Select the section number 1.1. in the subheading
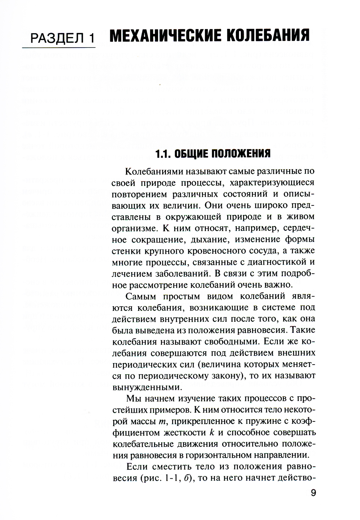[163, 154]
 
